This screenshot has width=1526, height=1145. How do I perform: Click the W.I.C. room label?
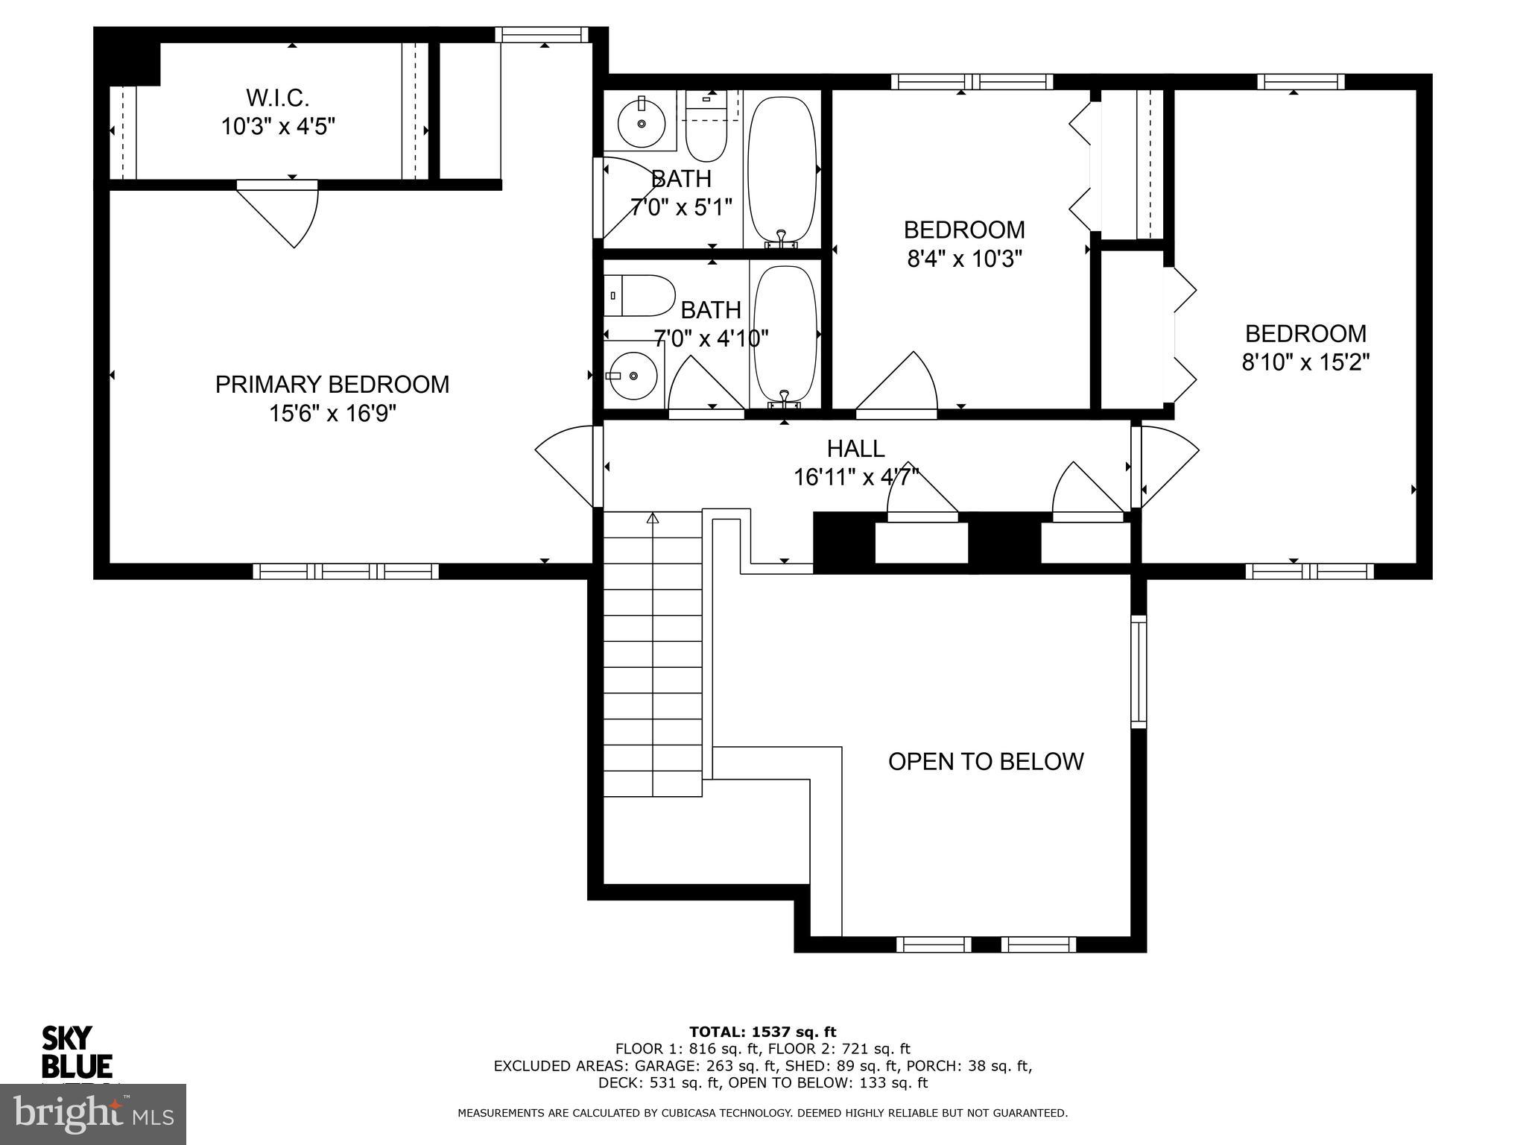277,97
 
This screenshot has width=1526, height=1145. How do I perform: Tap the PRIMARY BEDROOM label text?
332,385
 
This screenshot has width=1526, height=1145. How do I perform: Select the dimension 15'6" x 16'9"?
332,413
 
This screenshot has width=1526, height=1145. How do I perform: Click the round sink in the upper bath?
642,124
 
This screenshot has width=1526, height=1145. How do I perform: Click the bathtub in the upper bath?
782,169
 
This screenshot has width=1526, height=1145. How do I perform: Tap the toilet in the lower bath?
639,296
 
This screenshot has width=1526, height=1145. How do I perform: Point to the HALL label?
856,449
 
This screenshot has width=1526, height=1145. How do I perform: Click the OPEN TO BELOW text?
986,761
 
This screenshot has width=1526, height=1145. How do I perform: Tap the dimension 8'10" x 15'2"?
1305,362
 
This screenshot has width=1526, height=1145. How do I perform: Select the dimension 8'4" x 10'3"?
964,259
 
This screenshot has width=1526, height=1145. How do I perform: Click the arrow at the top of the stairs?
653,517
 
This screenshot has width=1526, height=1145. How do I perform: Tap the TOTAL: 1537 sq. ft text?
763,1032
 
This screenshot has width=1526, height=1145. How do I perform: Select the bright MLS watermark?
93,1114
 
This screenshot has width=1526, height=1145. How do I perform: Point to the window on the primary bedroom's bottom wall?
346,572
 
